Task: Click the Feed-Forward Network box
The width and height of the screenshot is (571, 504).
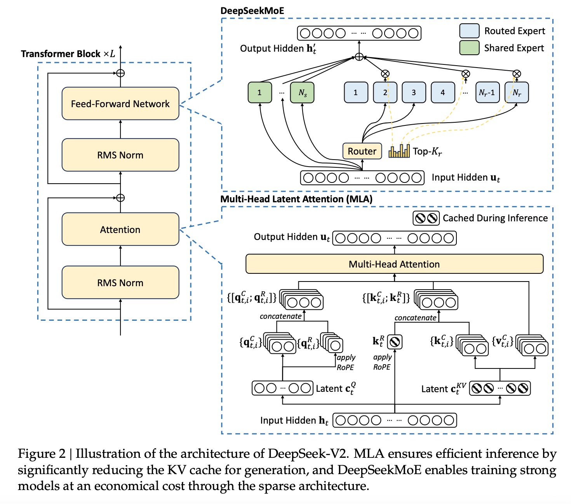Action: tap(120, 103)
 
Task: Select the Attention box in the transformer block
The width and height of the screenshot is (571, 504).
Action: tap(120, 229)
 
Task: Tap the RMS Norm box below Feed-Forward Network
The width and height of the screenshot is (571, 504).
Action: tap(120, 155)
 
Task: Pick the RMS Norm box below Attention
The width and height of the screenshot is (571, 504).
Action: tap(120, 282)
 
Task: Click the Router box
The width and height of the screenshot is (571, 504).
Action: tap(362, 151)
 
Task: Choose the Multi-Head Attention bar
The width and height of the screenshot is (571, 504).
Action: tap(394, 264)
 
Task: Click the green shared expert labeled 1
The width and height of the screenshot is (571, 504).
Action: tap(259, 92)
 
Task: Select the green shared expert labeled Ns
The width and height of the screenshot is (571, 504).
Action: tap(302, 92)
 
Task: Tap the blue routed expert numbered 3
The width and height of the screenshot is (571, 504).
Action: tap(414, 92)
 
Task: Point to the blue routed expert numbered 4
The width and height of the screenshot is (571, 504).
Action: tap(443, 92)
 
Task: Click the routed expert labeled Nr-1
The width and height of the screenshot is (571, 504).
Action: tap(487, 92)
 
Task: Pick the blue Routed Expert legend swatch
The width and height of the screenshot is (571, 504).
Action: tap(469, 31)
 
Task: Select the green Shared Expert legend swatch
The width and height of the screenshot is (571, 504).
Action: tap(469, 48)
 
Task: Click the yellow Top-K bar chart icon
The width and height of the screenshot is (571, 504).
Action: tap(399, 151)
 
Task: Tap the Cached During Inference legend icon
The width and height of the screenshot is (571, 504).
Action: tap(426, 218)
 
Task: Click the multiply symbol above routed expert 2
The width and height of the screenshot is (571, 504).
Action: tap(385, 74)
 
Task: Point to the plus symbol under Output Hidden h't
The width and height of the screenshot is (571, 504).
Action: tap(359, 57)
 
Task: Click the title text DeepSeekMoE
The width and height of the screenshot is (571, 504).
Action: tap(252, 11)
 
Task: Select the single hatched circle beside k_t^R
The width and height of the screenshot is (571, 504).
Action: tap(395, 342)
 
